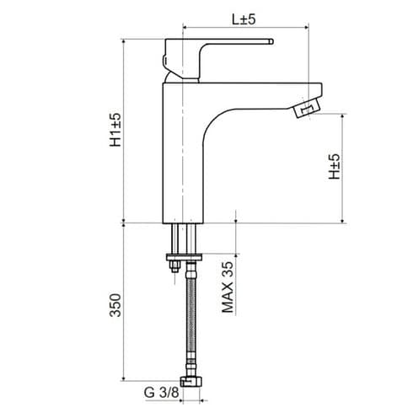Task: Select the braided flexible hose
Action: (x=193, y=320)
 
